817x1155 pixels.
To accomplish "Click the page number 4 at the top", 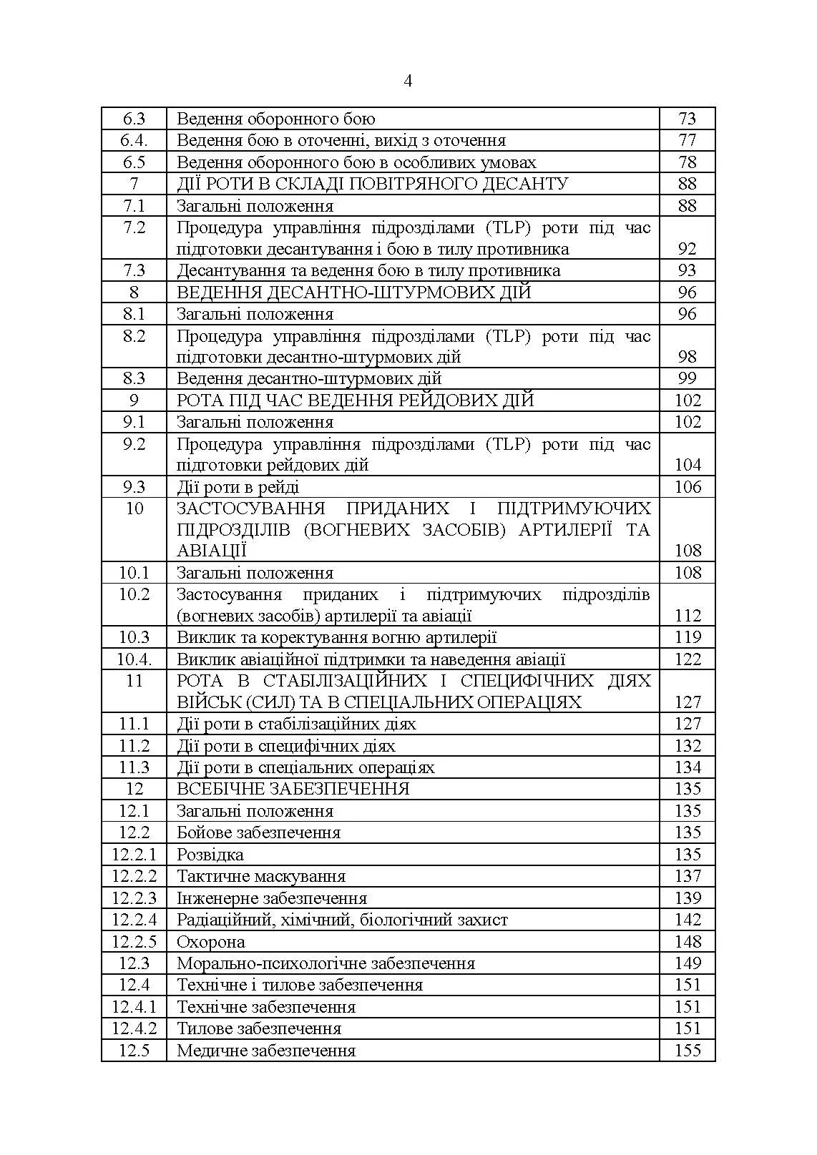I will pyautogui.click(x=408, y=82).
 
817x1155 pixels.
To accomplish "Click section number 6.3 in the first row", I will pyautogui.click(x=134, y=119).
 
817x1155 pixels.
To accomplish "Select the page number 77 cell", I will pyautogui.click(x=687, y=140).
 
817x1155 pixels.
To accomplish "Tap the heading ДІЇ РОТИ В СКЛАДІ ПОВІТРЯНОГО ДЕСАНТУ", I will pyautogui.click(x=372, y=184).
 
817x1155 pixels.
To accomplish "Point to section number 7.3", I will pyautogui.click(x=134, y=270).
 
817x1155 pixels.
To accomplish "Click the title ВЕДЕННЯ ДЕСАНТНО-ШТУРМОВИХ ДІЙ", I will pyautogui.click(x=353, y=293).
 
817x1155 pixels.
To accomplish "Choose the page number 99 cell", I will pyautogui.click(x=687, y=378).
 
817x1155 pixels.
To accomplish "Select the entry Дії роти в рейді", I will pyautogui.click(x=238, y=487).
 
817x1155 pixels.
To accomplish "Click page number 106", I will pyautogui.click(x=688, y=487).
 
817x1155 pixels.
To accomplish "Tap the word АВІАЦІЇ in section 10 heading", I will pyautogui.click(x=212, y=551).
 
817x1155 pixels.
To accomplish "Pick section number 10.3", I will pyautogui.click(x=134, y=637).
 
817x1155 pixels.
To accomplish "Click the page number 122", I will pyautogui.click(x=688, y=659).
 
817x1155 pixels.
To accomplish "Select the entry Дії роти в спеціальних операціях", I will pyautogui.click(x=305, y=767).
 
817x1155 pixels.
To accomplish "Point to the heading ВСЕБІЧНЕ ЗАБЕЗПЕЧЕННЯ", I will pyautogui.click(x=293, y=789).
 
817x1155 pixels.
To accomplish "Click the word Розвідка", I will pyautogui.click(x=210, y=855).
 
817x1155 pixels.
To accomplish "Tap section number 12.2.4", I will pyautogui.click(x=134, y=920).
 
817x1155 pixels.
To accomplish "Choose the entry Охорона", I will pyautogui.click(x=210, y=942).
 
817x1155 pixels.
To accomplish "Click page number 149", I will pyautogui.click(x=688, y=963).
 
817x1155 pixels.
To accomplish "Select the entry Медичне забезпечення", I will pyautogui.click(x=265, y=1051).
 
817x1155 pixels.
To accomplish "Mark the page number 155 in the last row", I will pyautogui.click(x=688, y=1051).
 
